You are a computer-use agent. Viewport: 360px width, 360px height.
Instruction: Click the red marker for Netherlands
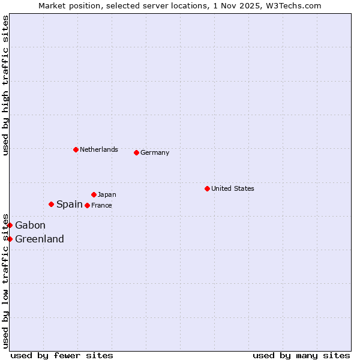click(x=76, y=149)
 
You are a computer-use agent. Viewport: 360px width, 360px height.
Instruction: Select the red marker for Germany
click(x=136, y=152)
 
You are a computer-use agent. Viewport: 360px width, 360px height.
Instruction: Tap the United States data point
click(x=207, y=188)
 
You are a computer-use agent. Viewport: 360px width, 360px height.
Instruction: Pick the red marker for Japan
click(x=94, y=194)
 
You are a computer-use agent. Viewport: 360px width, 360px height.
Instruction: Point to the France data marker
click(x=87, y=205)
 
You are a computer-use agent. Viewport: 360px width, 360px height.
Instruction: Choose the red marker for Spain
click(x=51, y=204)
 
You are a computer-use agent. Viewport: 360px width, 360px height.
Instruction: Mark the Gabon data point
click(x=10, y=225)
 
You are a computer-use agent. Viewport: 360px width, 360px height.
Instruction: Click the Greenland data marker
click(x=10, y=239)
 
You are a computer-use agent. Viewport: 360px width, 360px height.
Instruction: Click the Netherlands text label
click(x=99, y=149)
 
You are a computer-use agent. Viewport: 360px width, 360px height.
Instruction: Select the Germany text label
click(x=155, y=152)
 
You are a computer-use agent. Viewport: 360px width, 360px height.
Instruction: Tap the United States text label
click(x=233, y=188)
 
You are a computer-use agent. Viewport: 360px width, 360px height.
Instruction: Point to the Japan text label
click(x=107, y=194)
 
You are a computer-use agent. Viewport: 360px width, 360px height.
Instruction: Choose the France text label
click(x=101, y=205)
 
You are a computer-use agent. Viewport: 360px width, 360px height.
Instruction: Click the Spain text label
click(x=70, y=204)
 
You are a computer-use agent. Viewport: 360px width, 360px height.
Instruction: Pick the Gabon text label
click(x=30, y=225)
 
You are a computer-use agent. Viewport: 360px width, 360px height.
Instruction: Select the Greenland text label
click(x=40, y=239)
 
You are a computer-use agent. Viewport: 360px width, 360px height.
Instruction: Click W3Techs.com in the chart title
click(x=298, y=5)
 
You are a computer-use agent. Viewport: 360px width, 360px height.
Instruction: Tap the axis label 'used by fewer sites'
click(x=62, y=355)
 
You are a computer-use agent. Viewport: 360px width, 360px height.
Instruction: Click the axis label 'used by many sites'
click(x=301, y=355)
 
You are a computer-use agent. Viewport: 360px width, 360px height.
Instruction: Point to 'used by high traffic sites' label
click(x=5, y=86)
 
